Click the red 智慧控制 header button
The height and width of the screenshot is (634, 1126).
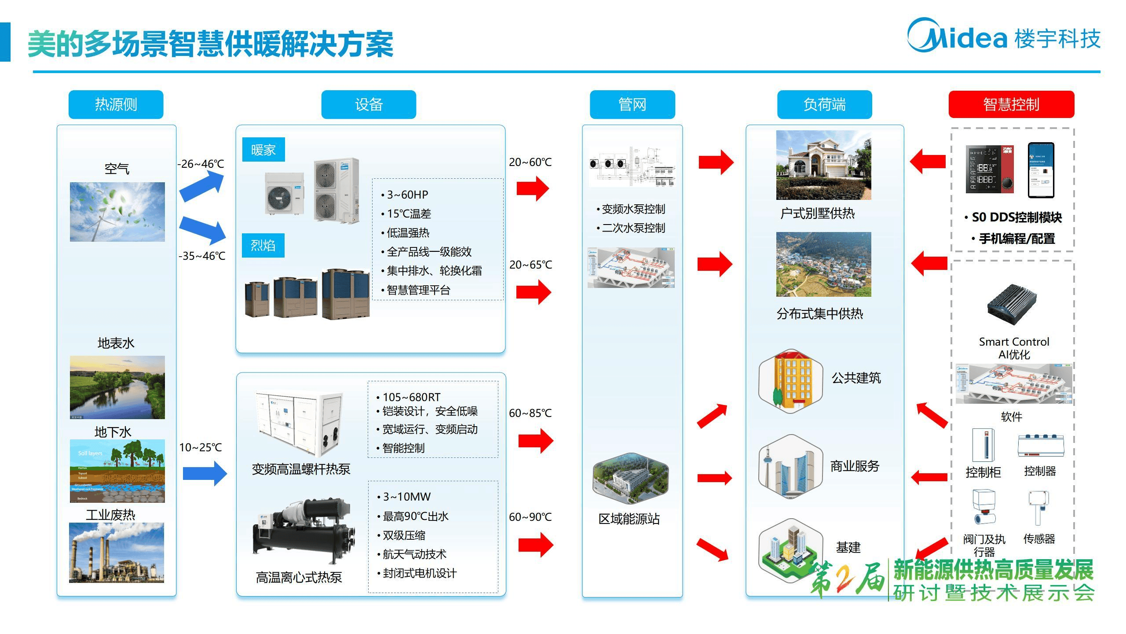[x=1011, y=104]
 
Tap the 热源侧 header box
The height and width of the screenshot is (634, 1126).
[x=116, y=104]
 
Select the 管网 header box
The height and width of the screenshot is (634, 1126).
[x=632, y=104]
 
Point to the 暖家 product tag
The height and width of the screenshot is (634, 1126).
[x=263, y=150]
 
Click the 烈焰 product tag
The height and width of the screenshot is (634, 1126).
[x=263, y=245]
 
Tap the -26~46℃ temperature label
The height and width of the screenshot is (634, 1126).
[x=201, y=164]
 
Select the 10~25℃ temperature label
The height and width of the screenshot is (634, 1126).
[x=201, y=447]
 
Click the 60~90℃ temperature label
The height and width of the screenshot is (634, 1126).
[x=530, y=517]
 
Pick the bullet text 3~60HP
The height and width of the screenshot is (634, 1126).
[x=407, y=195]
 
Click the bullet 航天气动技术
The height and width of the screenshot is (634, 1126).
[x=414, y=554]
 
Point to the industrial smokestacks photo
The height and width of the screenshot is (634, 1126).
[x=117, y=553]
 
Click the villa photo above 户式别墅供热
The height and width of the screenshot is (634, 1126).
[x=823, y=165]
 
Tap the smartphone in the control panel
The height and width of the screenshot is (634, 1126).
[x=1041, y=170]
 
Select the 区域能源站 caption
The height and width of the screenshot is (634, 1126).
[x=629, y=519]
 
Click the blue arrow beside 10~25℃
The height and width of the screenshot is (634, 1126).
[x=205, y=473]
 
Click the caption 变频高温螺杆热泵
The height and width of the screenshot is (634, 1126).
[x=301, y=469]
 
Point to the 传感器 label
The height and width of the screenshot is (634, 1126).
[x=1039, y=539]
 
